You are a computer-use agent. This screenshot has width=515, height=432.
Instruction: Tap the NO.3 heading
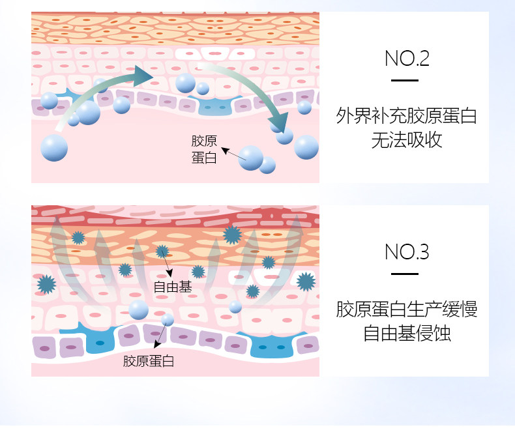[x=407, y=252]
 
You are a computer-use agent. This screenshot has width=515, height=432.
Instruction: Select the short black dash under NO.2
[x=404, y=81]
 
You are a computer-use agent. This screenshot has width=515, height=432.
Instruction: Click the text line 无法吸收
[x=407, y=139]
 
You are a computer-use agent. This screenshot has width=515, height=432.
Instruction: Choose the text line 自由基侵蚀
[x=407, y=333]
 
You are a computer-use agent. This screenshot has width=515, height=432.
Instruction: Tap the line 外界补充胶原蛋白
[x=407, y=117]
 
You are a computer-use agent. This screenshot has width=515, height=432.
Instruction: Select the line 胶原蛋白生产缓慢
[x=407, y=309]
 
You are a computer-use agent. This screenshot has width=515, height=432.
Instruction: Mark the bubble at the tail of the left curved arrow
[x=54, y=148]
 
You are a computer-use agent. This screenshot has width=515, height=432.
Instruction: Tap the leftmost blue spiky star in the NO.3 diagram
[x=46, y=283]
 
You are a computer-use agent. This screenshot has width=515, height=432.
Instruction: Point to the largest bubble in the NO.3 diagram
[x=138, y=310]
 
